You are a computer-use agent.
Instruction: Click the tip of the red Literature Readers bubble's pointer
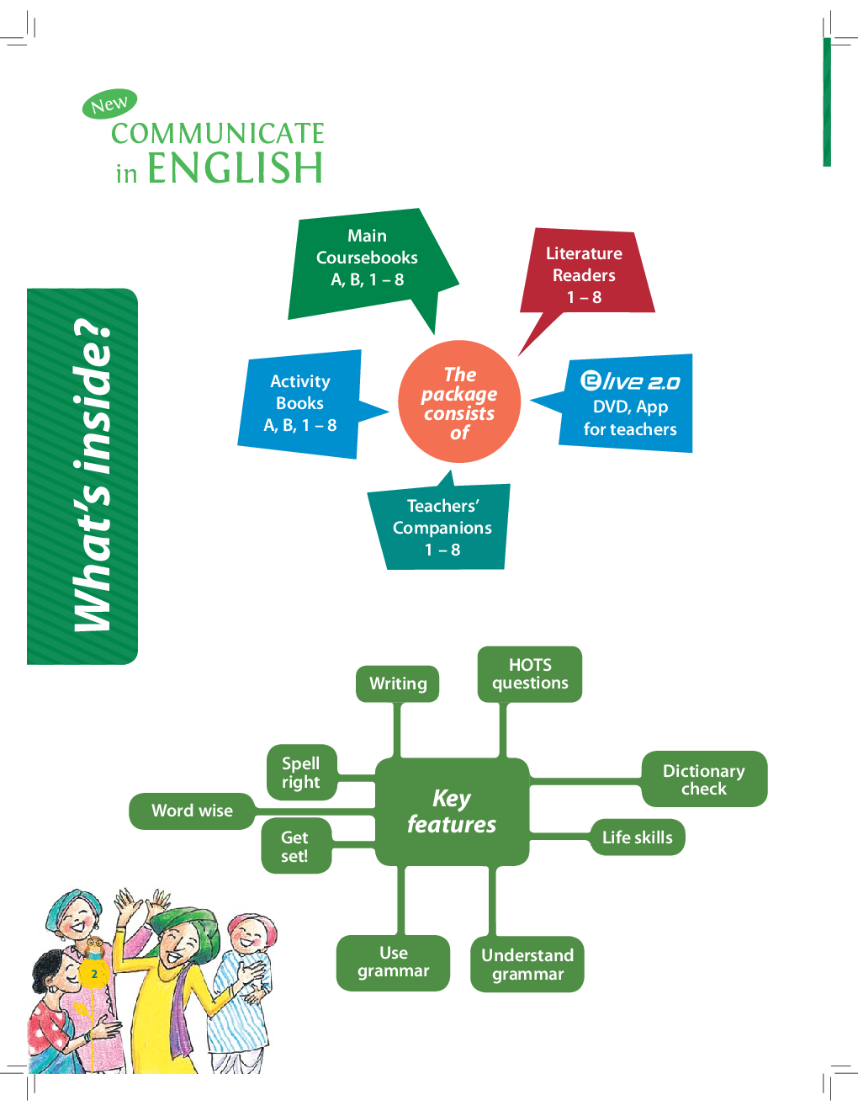click(x=518, y=356)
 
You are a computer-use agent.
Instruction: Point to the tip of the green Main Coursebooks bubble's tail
click(x=434, y=335)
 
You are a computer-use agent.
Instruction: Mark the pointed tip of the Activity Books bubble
click(x=389, y=411)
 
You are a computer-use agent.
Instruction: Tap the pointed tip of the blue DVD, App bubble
click(x=530, y=400)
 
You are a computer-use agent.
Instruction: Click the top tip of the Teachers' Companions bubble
click(x=451, y=470)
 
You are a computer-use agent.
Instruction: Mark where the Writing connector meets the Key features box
click(x=397, y=757)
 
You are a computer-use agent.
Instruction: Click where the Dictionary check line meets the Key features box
click(x=529, y=781)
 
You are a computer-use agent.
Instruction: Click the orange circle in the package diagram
click(x=459, y=401)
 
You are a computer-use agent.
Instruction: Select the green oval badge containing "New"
click(x=110, y=104)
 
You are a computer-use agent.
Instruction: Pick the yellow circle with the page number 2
click(x=94, y=974)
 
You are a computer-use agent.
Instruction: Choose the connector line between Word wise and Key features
click(x=315, y=811)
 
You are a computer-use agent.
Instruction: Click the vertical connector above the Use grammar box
click(x=400, y=901)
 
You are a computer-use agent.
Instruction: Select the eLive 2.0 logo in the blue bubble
click(x=629, y=381)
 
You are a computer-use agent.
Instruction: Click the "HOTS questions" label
click(x=530, y=674)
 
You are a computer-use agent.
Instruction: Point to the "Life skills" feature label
click(x=638, y=837)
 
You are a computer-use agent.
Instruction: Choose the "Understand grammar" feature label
click(x=527, y=965)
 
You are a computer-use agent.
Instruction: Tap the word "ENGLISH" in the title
click(x=236, y=167)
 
